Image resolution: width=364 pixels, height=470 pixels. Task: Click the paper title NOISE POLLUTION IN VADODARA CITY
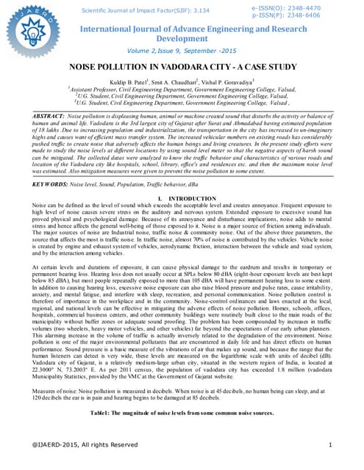tap(182, 67)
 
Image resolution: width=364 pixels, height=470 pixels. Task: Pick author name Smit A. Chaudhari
tap(180, 82)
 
